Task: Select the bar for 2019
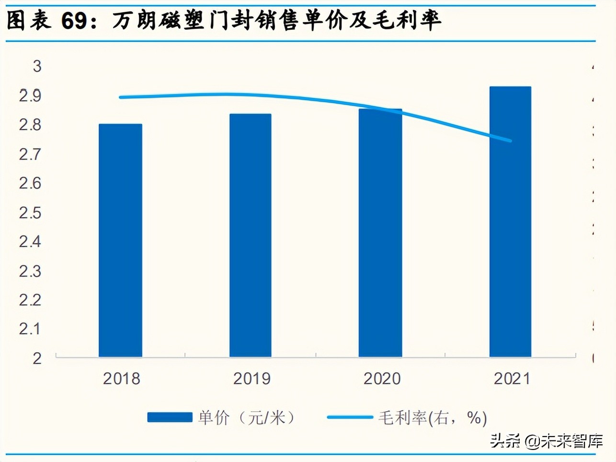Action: coord(251,235)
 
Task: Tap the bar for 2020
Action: coord(380,233)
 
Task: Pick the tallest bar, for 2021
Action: coord(510,222)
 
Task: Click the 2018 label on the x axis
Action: coord(122,379)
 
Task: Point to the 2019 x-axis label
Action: coord(252,379)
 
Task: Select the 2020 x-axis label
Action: coord(382,379)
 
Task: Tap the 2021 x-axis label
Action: coord(512,379)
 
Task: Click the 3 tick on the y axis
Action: coord(37,66)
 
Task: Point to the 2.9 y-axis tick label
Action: coord(30,96)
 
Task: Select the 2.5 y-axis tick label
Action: coord(30,213)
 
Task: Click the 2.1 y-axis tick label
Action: coord(30,329)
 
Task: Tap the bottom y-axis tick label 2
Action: coord(37,358)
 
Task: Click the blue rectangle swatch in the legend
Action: coord(170,417)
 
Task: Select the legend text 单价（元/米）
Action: coord(246,418)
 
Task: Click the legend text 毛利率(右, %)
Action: coord(433,418)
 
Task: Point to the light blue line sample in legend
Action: coord(350,417)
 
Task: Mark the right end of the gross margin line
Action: coord(511,141)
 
